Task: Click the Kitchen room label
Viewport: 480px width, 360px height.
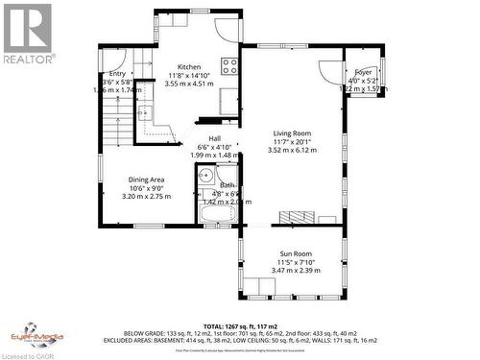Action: coord(188,66)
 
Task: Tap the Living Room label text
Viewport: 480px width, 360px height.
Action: coord(291,132)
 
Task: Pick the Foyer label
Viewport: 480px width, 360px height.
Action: coord(363,72)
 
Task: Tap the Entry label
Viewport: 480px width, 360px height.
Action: coord(117,73)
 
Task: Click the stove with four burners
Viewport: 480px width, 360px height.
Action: coord(229,66)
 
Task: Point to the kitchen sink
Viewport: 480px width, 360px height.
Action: coord(145,113)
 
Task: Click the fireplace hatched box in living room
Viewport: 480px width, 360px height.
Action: coord(294,216)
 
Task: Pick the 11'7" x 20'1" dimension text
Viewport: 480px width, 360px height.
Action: coord(291,141)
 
